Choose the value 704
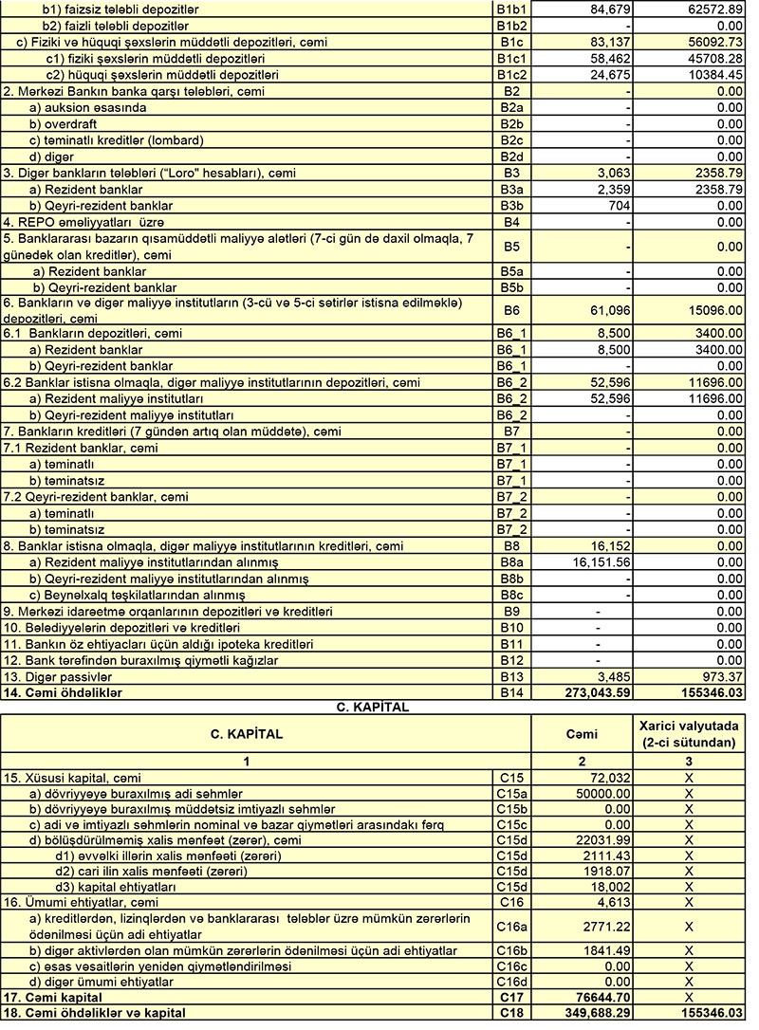point(618,205)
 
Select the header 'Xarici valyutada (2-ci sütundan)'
point(689,733)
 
